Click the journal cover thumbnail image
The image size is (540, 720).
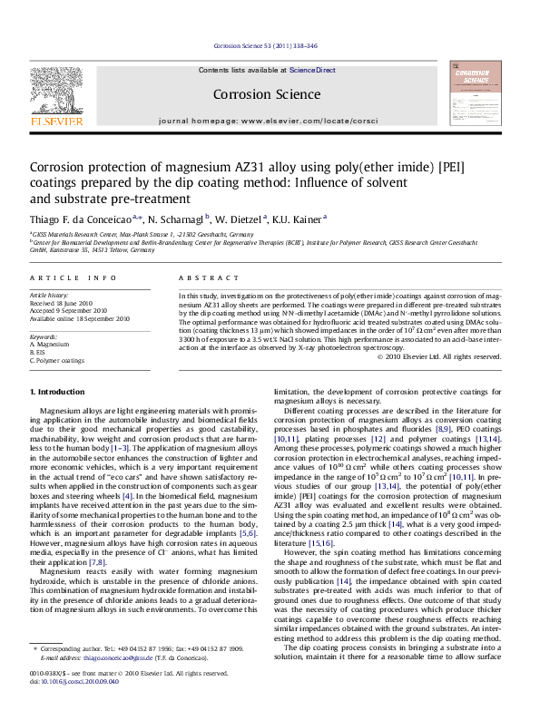click(476, 93)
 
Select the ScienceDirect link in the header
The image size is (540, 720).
click(312, 70)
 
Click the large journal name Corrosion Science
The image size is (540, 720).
click(266, 94)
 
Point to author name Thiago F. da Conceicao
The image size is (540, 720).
click(82, 219)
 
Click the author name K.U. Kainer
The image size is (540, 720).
click(299, 219)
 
